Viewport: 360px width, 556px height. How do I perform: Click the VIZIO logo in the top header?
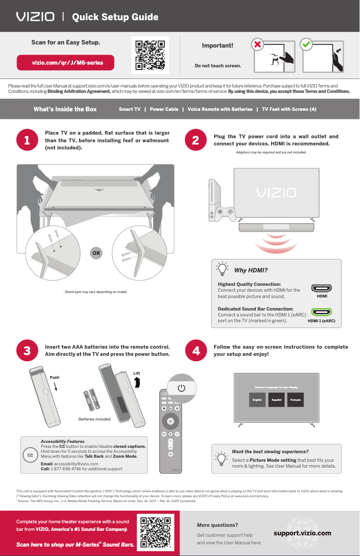[x=35, y=17]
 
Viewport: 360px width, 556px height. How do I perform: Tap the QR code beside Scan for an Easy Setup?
[x=150, y=55]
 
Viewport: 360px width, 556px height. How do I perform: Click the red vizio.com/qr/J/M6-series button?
[x=66, y=63]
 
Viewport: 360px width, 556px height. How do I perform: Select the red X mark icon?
[x=257, y=45]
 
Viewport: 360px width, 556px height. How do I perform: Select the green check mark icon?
[x=307, y=45]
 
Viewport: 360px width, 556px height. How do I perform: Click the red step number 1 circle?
[x=27, y=140]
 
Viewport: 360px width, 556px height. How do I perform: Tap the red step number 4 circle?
[x=196, y=351]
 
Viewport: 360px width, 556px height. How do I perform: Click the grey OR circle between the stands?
[x=96, y=253]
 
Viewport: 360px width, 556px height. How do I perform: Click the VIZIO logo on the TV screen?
[x=276, y=193]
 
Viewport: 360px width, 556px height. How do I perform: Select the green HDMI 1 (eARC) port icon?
[x=321, y=312]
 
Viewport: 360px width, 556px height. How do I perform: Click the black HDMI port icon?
[x=321, y=288]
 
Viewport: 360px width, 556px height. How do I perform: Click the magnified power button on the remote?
[x=181, y=388]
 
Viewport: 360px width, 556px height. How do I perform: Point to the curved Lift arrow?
[x=137, y=382]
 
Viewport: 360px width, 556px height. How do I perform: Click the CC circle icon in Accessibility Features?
[x=31, y=455]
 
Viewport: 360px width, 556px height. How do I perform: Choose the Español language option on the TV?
[x=276, y=400]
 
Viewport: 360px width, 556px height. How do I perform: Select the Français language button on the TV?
[x=295, y=400]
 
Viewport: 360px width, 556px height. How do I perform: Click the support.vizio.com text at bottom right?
[x=302, y=533]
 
